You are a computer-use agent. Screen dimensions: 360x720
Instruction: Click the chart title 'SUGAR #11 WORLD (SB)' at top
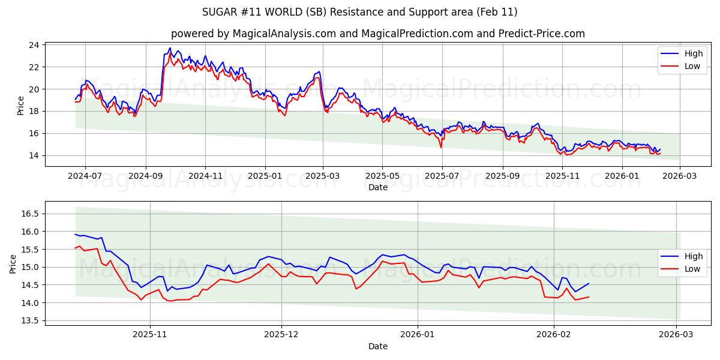click(x=359, y=12)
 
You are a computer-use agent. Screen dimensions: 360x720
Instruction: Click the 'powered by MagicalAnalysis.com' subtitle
click(x=377, y=34)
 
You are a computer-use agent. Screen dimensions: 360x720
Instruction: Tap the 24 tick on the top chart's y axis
click(x=34, y=45)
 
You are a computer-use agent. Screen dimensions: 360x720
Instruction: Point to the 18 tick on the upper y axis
click(x=34, y=111)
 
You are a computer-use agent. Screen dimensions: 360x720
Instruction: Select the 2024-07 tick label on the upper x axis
click(x=85, y=176)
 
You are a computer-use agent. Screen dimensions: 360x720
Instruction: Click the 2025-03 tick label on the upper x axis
click(x=323, y=176)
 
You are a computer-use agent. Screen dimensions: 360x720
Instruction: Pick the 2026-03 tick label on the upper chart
click(x=679, y=176)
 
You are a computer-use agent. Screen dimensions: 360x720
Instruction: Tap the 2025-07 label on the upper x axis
click(x=442, y=176)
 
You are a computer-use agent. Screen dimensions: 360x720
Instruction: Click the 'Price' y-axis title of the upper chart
click(x=21, y=106)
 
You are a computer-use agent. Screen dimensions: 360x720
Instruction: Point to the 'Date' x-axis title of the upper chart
click(x=378, y=187)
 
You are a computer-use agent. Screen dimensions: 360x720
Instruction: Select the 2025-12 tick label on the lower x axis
click(x=281, y=335)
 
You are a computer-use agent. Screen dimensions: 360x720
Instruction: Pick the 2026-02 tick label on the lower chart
click(x=553, y=335)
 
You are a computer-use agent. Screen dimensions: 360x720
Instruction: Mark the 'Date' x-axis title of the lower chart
click(x=378, y=346)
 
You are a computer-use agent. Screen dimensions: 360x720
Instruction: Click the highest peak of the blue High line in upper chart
click(x=170, y=48)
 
